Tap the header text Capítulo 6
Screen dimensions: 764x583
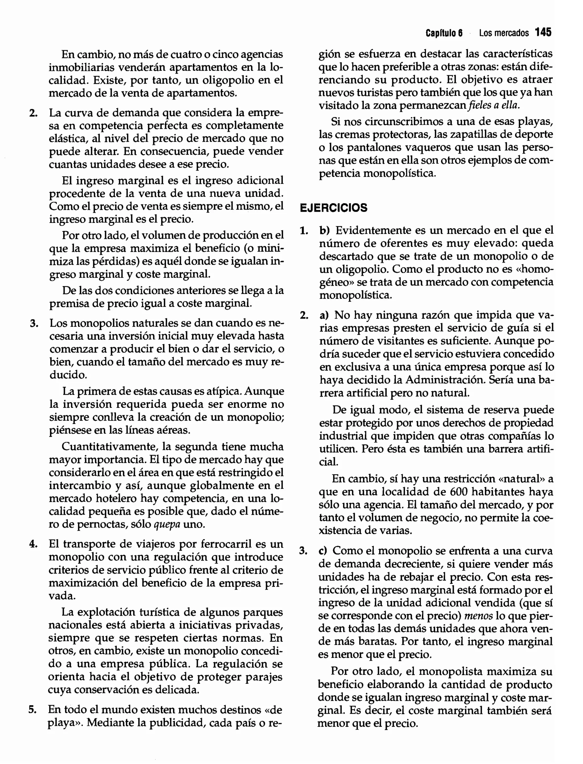444,33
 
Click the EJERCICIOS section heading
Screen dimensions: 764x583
333,208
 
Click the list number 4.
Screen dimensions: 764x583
33,544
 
